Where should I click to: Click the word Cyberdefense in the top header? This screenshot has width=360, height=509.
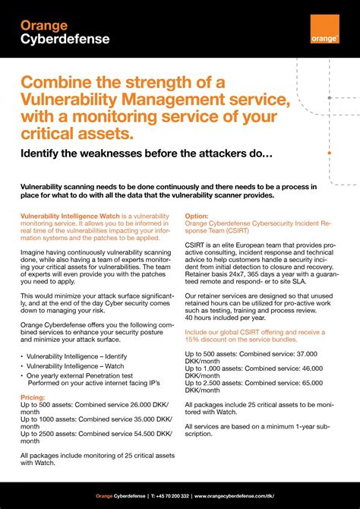click(x=55, y=40)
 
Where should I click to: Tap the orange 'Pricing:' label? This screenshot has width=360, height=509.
click(x=33, y=397)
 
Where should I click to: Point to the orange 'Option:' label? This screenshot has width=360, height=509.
click(x=197, y=216)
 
